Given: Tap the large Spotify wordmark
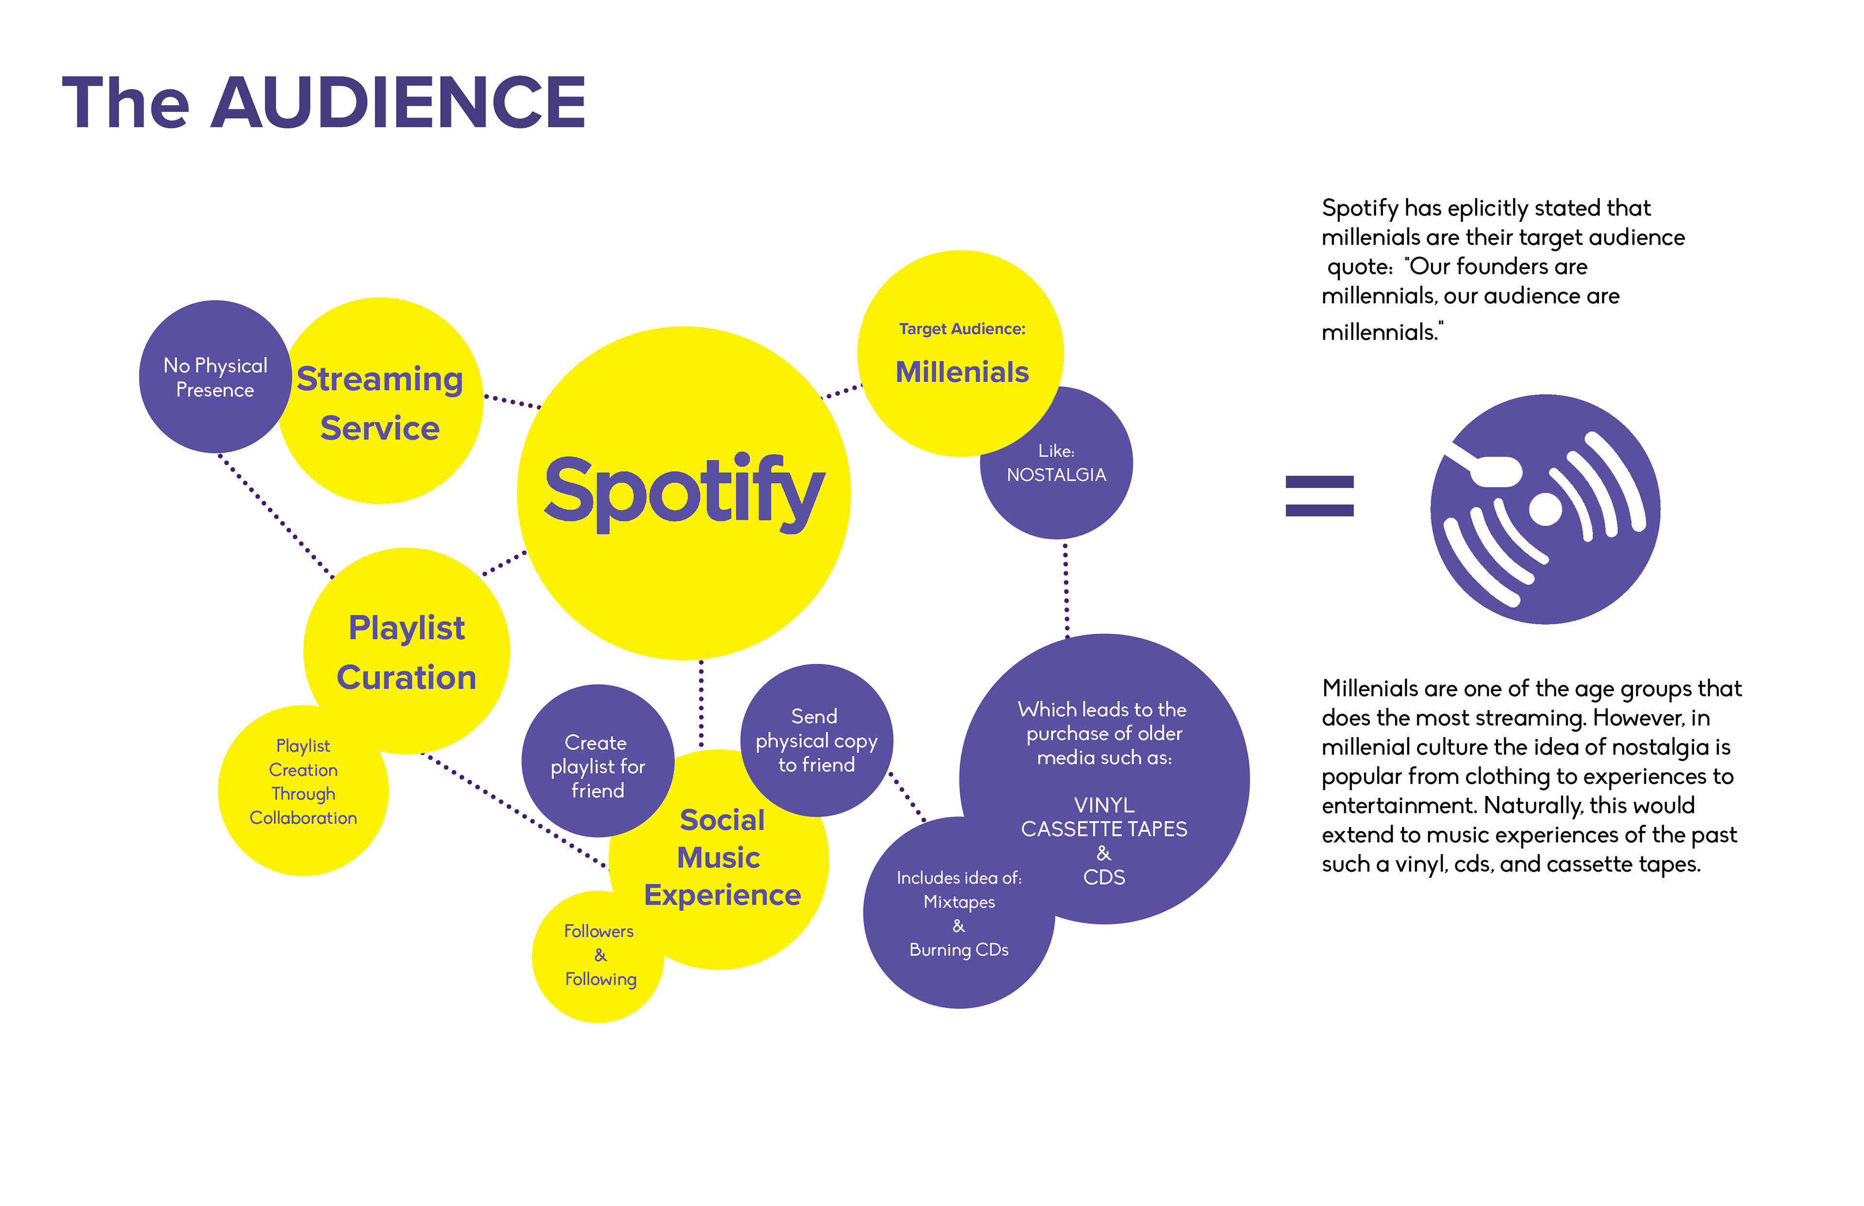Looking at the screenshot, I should point(684,492).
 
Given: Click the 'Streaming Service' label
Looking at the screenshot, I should point(380,403).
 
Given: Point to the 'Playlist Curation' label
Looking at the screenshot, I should point(406,652).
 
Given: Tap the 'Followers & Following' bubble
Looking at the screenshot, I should point(599,956).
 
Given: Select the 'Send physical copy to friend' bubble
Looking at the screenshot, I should point(816,740).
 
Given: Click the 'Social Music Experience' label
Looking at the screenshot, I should point(721,858).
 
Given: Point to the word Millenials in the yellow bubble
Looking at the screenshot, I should point(962,372).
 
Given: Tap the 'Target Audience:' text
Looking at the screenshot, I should point(962,329).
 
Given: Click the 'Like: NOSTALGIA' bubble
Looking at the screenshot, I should point(1056,463).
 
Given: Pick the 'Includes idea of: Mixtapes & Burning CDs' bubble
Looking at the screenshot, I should point(959,914).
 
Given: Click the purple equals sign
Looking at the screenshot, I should point(1320,496).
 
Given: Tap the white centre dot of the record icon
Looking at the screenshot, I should point(1545,509).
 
